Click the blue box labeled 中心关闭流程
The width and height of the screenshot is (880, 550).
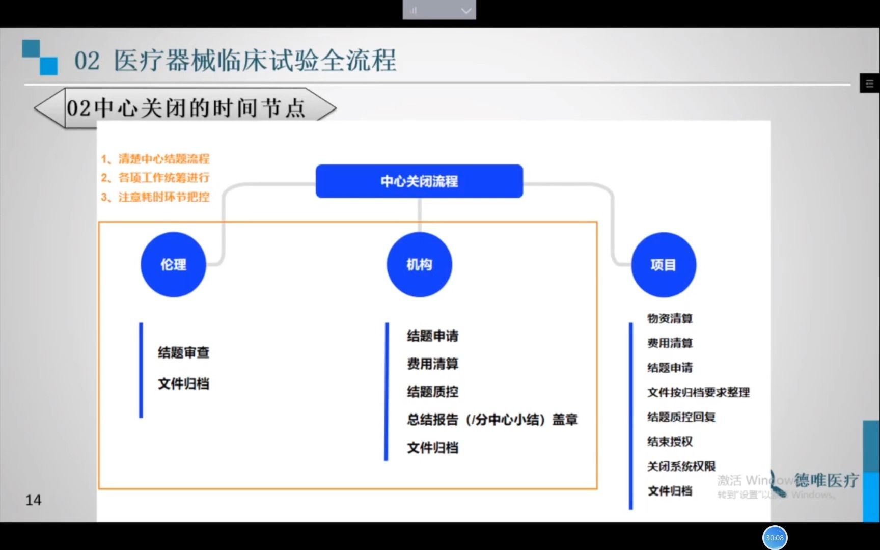[419, 181]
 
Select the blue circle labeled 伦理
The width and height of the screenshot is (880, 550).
[173, 264]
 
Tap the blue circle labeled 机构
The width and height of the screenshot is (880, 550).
[419, 264]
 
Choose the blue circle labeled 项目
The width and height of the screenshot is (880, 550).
[663, 264]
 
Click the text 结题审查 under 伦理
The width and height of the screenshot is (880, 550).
[183, 352]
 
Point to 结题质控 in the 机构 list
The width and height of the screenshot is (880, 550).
[432, 392]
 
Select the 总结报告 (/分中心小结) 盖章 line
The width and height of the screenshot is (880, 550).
[492, 420]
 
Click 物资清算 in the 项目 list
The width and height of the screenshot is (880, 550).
[670, 318]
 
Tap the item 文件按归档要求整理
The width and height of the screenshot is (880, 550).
[698, 392]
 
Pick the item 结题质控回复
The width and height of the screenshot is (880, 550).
[681, 417]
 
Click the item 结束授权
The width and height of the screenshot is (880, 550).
[670, 442]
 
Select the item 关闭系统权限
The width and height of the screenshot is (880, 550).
[681, 466]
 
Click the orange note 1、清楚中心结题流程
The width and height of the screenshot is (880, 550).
[155, 159]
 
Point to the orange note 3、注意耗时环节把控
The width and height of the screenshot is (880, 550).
[155, 197]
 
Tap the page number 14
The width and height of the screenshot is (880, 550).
[33, 500]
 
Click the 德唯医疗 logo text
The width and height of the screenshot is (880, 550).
[826, 480]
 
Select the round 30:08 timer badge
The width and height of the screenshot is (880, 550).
[775, 538]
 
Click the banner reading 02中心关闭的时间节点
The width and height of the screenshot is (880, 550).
[186, 108]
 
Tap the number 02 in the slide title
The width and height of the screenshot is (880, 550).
[87, 61]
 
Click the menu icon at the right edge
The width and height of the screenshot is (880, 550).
[869, 84]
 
